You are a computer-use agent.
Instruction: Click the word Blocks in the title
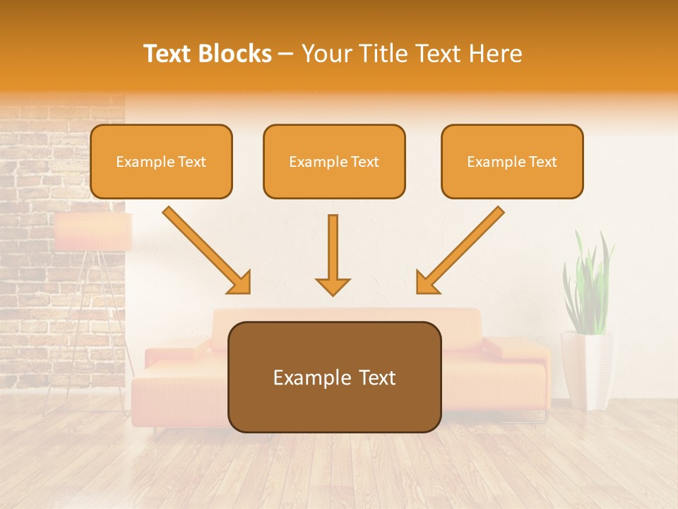(x=237, y=54)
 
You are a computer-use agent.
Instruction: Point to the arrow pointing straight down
(x=333, y=255)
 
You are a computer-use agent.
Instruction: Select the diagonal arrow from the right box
(x=460, y=250)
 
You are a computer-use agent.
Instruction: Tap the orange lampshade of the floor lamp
(x=93, y=232)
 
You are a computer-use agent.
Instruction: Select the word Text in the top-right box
(x=542, y=162)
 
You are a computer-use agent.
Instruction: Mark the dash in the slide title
(x=286, y=54)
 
